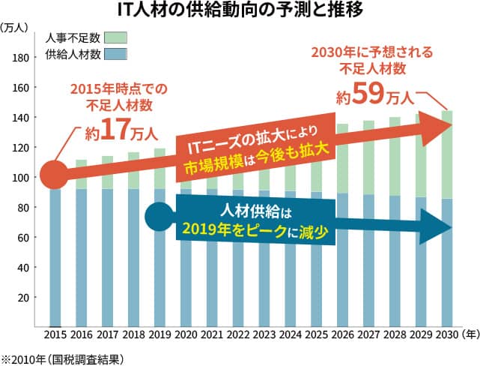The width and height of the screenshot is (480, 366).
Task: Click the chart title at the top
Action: [x=240, y=11]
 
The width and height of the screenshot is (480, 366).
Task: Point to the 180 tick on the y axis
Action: [x=21, y=58]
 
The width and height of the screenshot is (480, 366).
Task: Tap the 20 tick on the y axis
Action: [x=23, y=298]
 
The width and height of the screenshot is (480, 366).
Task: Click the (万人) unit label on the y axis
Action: [x=15, y=28]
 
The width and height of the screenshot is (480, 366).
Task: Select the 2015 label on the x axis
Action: [x=57, y=334]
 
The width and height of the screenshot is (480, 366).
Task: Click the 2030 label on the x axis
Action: [x=446, y=334]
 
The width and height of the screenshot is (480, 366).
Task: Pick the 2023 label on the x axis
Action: [x=265, y=334]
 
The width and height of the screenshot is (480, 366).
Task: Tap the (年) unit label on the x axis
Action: [x=470, y=334]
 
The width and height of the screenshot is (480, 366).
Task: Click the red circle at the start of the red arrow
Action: [x=52, y=175]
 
